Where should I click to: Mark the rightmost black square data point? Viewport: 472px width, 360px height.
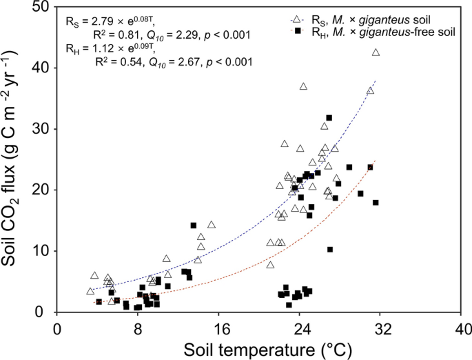(376, 202)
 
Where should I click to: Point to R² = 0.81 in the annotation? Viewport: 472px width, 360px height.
(116, 34)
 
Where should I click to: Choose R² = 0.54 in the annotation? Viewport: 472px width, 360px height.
(116, 62)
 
